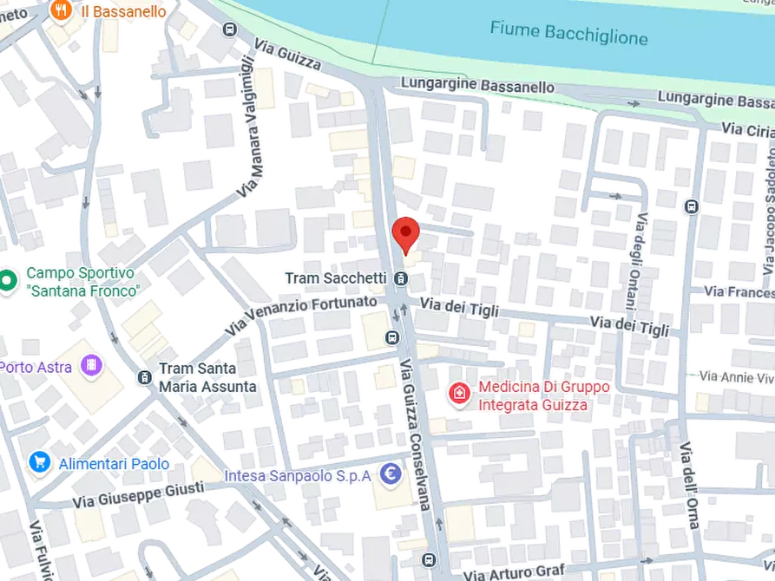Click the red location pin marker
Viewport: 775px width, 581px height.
(x=405, y=232)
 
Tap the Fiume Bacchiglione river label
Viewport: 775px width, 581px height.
(x=568, y=33)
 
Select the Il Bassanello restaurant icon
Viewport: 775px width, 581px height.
(x=60, y=10)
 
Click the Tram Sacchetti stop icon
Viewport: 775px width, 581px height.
(x=400, y=278)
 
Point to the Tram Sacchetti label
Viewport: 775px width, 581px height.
(x=336, y=278)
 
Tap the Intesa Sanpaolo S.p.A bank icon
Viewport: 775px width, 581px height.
(x=391, y=474)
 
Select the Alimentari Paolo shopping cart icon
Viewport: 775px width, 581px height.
(x=39, y=462)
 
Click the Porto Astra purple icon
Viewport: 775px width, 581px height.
(x=89, y=366)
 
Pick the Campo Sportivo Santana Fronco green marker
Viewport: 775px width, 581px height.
(x=7, y=280)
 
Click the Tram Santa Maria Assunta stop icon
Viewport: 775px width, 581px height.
(x=145, y=376)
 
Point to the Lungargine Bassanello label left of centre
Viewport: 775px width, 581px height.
(x=477, y=87)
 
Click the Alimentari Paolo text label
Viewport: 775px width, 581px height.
(x=114, y=463)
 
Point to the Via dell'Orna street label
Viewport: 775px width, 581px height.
(x=690, y=479)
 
